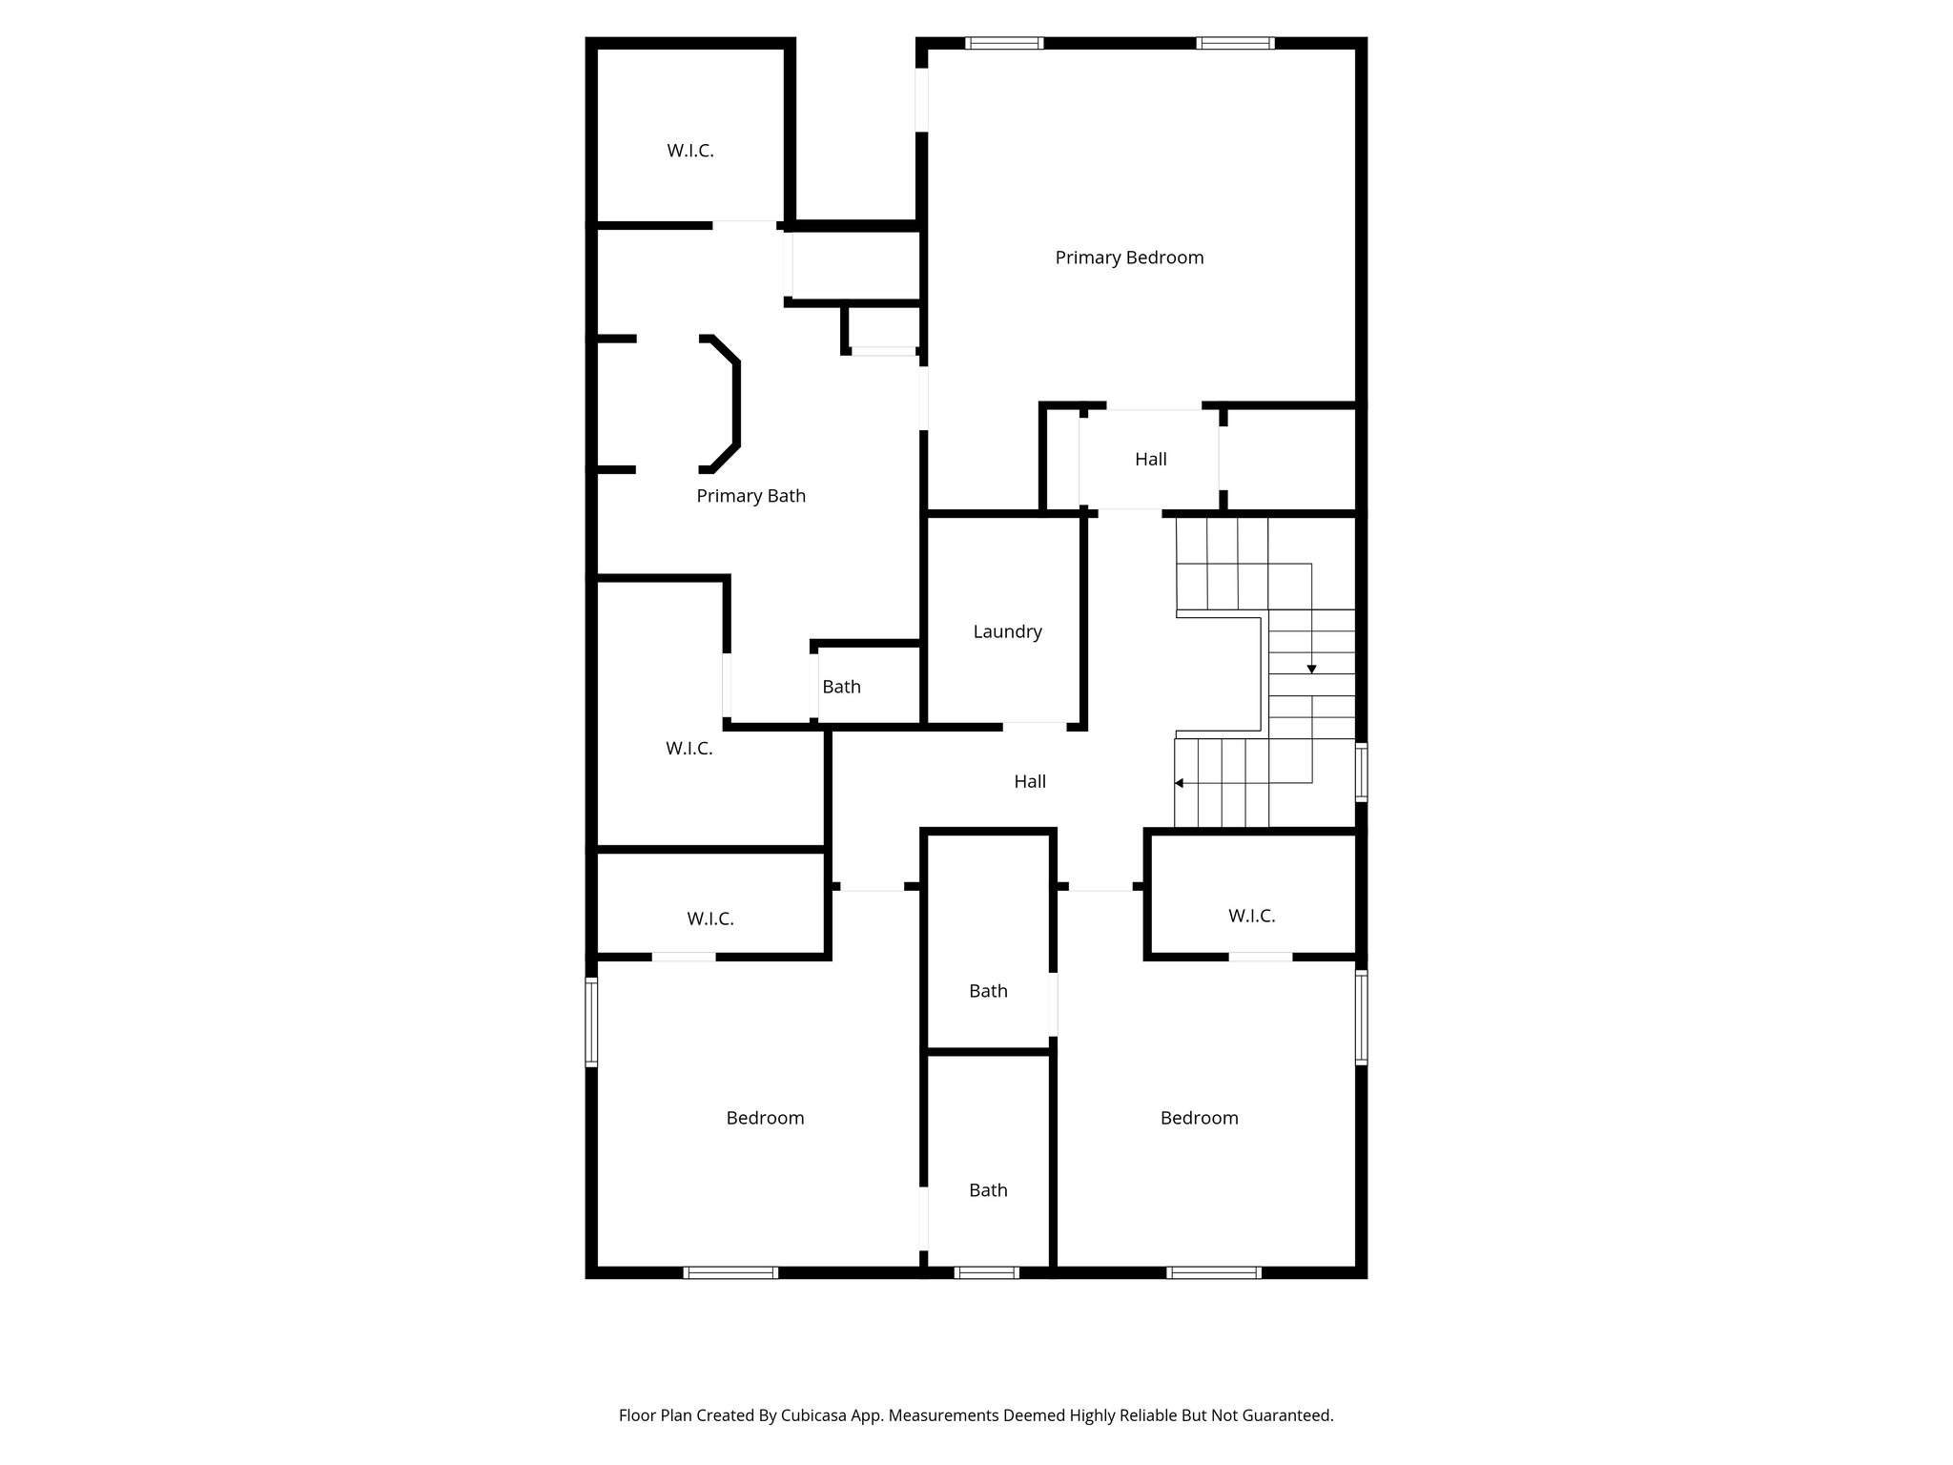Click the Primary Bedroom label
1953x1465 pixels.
tap(1129, 258)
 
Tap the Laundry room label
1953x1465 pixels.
tap(1007, 631)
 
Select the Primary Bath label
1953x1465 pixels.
tap(750, 496)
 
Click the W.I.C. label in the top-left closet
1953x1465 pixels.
tap(689, 151)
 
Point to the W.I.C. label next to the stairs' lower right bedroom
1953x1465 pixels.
tap(1251, 916)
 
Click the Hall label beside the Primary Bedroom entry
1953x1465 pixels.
tap(1150, 459)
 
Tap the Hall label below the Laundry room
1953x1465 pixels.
tap(1029, 781)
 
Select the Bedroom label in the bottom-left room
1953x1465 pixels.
tap(765, 1118)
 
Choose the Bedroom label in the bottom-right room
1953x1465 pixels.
tap(1199, 1118)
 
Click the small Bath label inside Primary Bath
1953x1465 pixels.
tap(841, 687)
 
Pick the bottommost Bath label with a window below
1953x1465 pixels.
tap(988, 1190)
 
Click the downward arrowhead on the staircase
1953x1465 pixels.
tap(1311, 670)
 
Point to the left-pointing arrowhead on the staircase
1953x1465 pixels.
tap(1180, 783)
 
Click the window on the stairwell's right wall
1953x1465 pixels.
tap(1362, 772)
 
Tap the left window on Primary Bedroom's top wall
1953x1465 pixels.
tap(1003, 43)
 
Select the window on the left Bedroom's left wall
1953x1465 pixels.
tap(591, 1021)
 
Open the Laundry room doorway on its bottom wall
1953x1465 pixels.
tap(1034, 727)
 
